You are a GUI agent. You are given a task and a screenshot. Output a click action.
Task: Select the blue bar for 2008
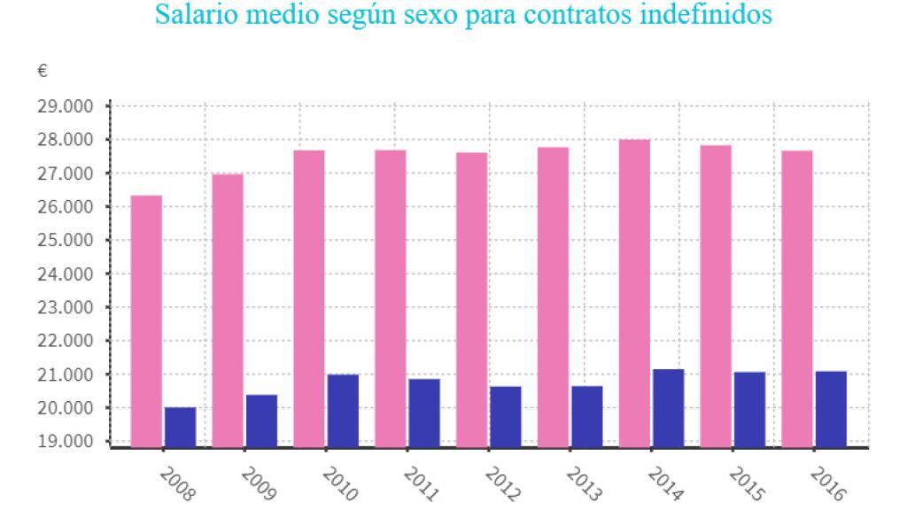coord(180,427)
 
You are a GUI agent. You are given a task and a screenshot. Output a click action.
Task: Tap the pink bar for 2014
coord(634,293)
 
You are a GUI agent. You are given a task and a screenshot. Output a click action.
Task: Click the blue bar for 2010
coord(343,410)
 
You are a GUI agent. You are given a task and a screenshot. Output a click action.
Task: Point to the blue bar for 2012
coord(506,416)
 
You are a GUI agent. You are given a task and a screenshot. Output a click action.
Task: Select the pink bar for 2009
coord(228,310)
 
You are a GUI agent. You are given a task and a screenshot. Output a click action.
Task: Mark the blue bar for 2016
coord(831,408)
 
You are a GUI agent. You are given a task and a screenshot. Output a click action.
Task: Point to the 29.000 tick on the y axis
coord(66,106)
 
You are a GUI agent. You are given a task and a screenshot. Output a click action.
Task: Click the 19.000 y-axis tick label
coord(66,441)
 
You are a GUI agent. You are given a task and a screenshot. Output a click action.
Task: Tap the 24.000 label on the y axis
coord(66,274)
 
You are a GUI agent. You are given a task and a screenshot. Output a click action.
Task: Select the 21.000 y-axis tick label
coord(66,375)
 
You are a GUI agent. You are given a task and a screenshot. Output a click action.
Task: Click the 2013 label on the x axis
coord(582,483)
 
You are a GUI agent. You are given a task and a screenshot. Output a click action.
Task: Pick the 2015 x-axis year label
coord(745,483)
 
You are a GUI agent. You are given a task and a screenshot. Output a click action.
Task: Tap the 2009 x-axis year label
coord(256,483)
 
